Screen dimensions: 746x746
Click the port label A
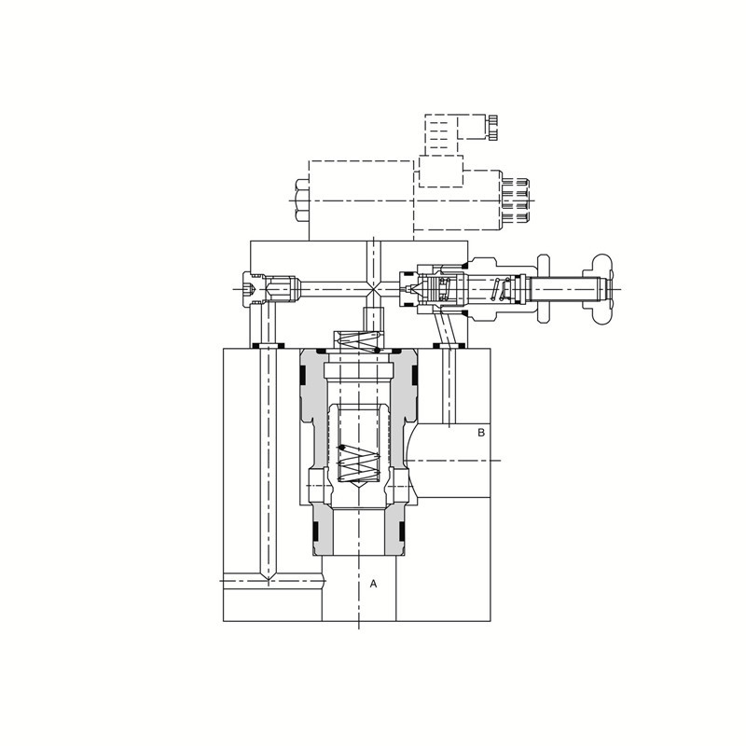click(373, 584)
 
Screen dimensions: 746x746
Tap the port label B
click(481, 433)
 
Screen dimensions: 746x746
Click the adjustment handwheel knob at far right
click(601, 289)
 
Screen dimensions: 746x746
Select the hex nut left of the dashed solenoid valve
click(302, 200)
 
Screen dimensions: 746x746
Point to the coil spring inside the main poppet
click(359, 463)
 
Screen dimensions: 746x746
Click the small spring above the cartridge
click(360, 341)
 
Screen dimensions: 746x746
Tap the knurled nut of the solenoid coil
click(516, 201)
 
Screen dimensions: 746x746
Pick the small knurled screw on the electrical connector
click(493, 127)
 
